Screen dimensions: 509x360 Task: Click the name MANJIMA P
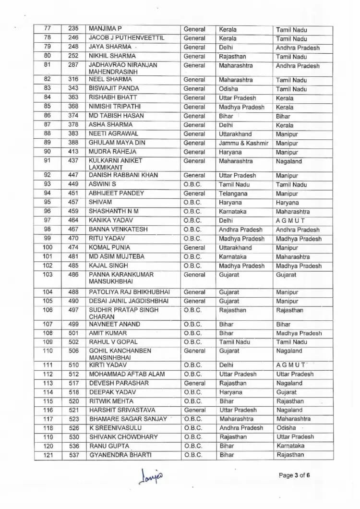106,29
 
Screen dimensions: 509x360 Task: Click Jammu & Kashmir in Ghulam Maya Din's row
243,143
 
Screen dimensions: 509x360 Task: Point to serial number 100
48,248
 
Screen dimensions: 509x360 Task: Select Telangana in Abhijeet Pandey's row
233,194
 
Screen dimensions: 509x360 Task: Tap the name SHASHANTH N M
114,211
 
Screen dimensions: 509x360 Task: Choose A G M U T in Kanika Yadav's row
290,221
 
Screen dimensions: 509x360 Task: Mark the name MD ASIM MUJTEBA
116,257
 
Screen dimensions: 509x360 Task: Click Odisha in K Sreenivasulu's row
287,428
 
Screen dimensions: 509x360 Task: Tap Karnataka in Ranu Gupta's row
290,446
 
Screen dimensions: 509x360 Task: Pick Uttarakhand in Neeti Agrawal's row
235,134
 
